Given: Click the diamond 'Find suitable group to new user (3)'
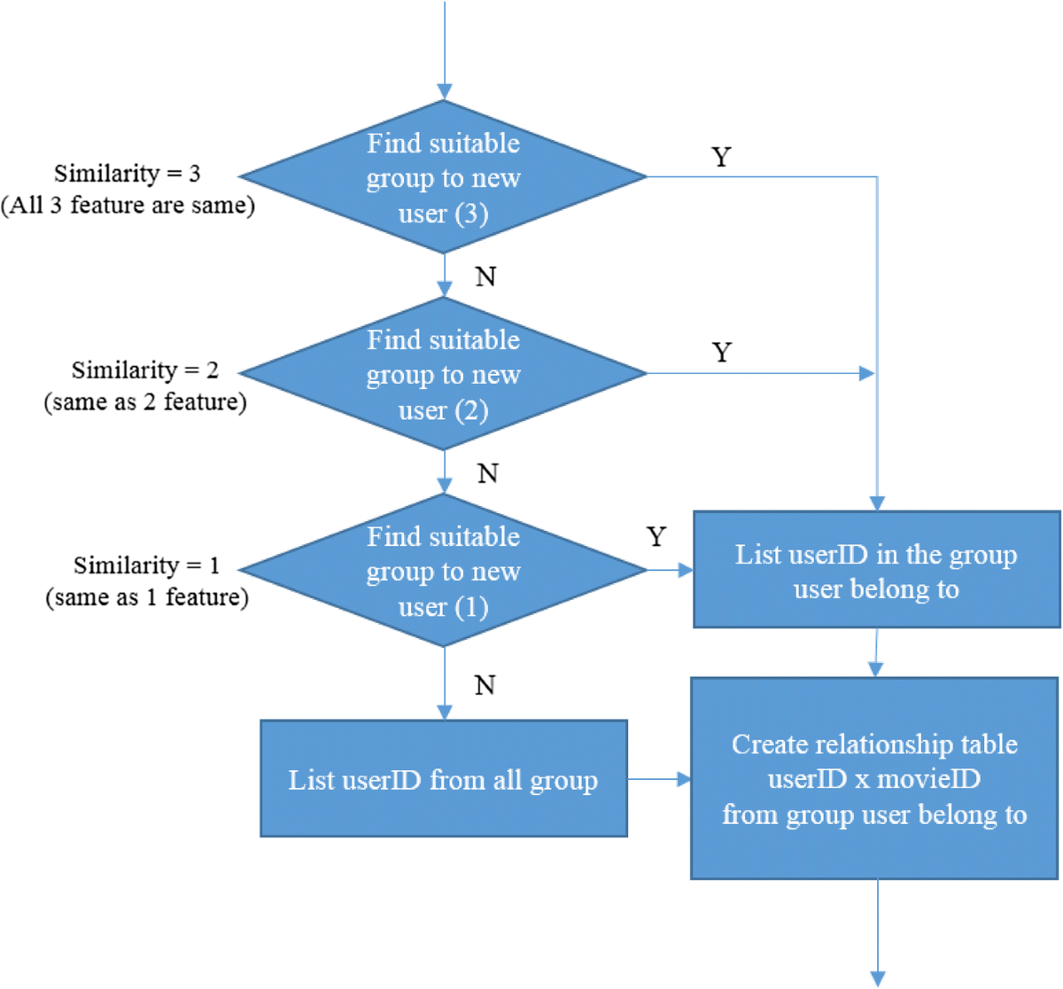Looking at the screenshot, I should coord(443,177).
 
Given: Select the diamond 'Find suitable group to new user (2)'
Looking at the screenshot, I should coord(443,374).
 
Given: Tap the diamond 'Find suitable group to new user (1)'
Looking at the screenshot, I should coord(443,571).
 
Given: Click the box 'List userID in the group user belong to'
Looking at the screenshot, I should coord(876,570).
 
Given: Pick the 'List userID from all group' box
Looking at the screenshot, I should coord(444,779).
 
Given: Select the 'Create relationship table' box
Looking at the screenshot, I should coord(874,779).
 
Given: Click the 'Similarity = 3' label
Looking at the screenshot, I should coord(128,173).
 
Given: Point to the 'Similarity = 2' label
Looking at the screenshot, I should coord(145,370).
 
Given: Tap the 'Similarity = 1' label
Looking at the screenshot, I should coord(146,565).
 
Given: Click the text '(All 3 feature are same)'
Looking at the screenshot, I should coord(128,206).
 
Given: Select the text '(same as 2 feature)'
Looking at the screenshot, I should coord(145,402).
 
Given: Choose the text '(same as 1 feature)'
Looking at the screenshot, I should coord(147,597).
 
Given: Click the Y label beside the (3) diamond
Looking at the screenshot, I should coord(721,157).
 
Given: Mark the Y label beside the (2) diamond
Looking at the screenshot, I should coord(722,353).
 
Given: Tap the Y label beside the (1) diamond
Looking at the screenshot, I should coord(656,537).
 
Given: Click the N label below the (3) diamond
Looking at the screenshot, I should coord(485,277).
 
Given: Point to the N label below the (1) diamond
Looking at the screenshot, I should coord(485,685).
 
